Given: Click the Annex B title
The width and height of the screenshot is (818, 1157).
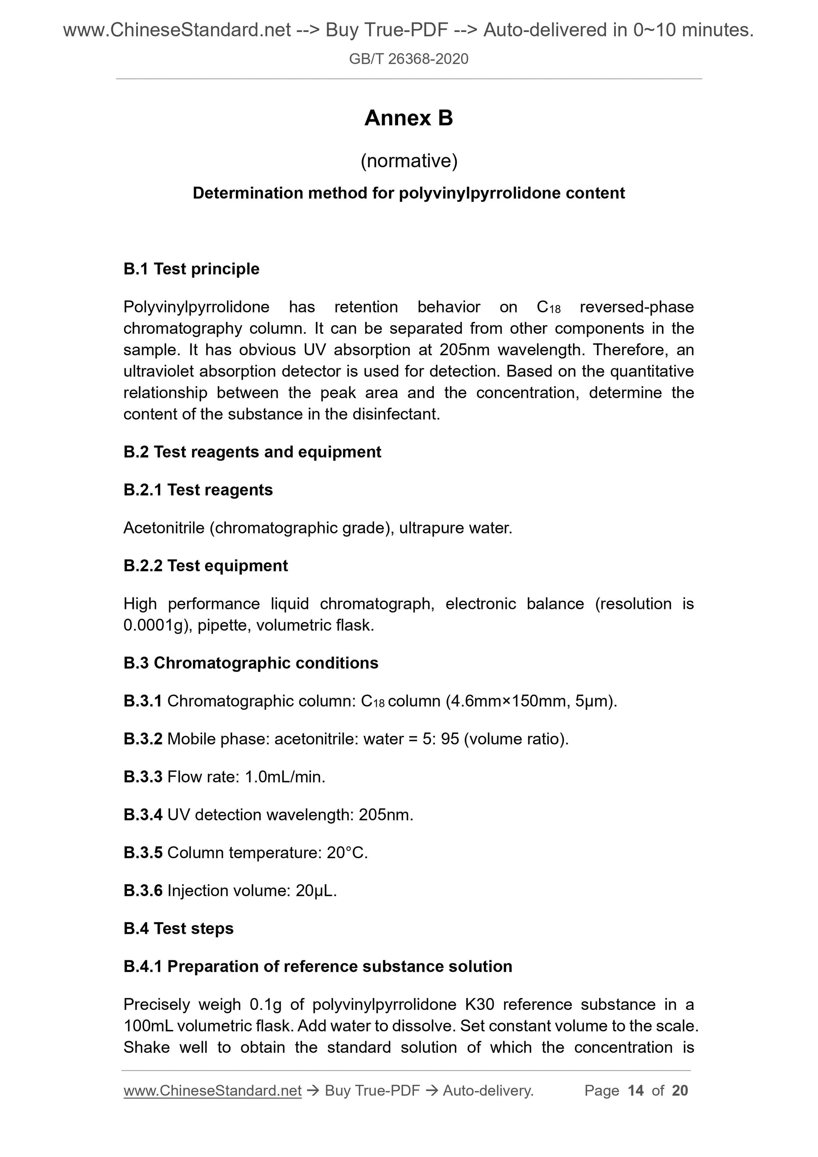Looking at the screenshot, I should (x=408, y=118).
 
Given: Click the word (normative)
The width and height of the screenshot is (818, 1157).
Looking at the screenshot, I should (x=409, y=161).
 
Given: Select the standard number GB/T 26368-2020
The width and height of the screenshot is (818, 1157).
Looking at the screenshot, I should (x=408, y=59).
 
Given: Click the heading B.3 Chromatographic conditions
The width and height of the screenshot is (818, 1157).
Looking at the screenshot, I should (x=251, y=663).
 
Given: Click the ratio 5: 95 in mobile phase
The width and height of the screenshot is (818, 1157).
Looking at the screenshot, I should (x=438, y=739).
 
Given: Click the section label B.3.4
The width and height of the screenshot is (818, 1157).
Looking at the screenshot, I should (x=142, y=815).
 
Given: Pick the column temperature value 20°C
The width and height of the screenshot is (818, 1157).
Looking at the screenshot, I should (x=347, y=853).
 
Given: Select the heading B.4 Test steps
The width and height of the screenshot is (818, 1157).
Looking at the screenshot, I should (x=178, y=928).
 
